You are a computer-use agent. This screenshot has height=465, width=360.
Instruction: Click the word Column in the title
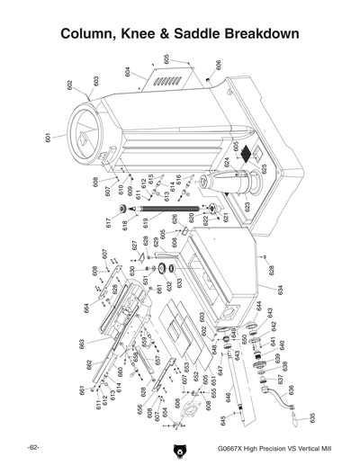(x=91, y=35)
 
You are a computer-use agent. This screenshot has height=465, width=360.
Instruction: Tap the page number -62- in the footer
(x=31, y=447)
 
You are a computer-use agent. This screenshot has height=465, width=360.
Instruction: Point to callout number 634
(x=280, y=291)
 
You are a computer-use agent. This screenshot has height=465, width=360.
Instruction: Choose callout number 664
(x=85, y=308)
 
